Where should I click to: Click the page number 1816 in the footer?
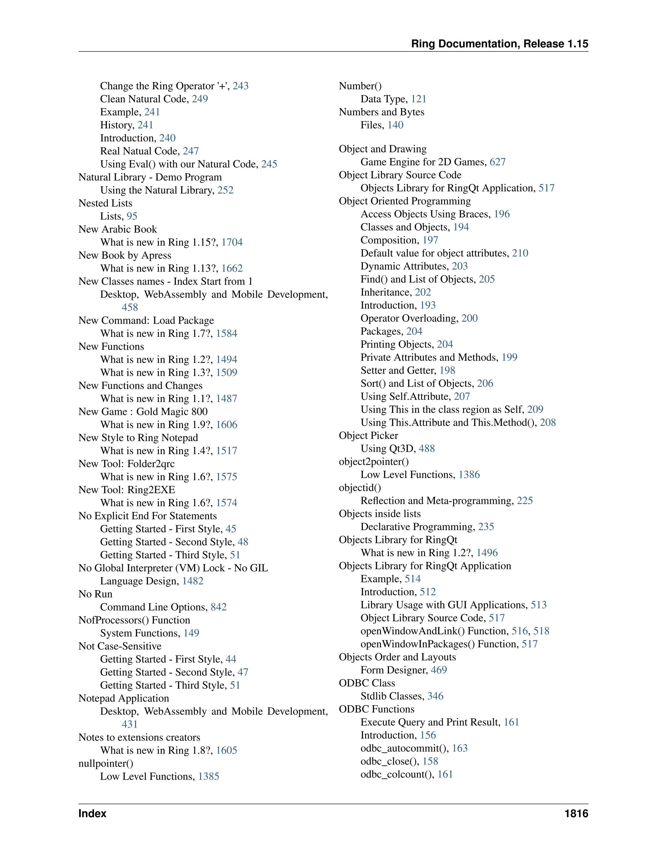coord(576,813)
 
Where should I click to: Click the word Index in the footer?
coord(92,813)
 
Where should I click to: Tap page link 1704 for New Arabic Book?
coord(232,242)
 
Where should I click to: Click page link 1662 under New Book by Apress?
coord(232,268)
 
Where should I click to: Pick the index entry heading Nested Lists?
coord(105,203)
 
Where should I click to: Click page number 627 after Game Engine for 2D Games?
coord(498,162)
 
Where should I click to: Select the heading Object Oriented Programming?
coord(404,201)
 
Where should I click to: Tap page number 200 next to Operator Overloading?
coord(469,318)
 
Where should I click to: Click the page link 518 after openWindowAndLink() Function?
coord(541,631)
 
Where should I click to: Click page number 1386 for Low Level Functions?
coord(469,474)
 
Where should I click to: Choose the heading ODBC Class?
coord(367,683)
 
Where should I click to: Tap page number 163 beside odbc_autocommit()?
coord(460,748)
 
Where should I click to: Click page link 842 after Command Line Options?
coord(219,607)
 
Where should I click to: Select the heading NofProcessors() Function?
coord(134,620)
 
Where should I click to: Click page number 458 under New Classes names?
coord(130,307)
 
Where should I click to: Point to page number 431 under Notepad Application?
coord(130,724)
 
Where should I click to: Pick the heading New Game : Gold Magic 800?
coord(143,412)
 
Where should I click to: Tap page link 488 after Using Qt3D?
coord(427,448)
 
